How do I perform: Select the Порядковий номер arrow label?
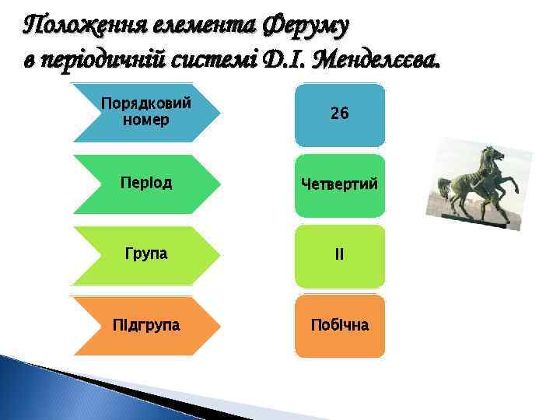(x=146, y=112)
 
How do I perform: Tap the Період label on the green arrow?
(x=146, y=184)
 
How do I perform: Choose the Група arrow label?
(x=146, y=254)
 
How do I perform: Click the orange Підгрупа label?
(x=146, y=325)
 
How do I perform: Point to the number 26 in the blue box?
(x=339, y=114)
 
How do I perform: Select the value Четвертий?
(x=339, y=185)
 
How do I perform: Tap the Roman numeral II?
(x=339, y=255)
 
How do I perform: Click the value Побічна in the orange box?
(x=339, y=325)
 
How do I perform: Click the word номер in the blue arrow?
(x=146, y=121)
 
